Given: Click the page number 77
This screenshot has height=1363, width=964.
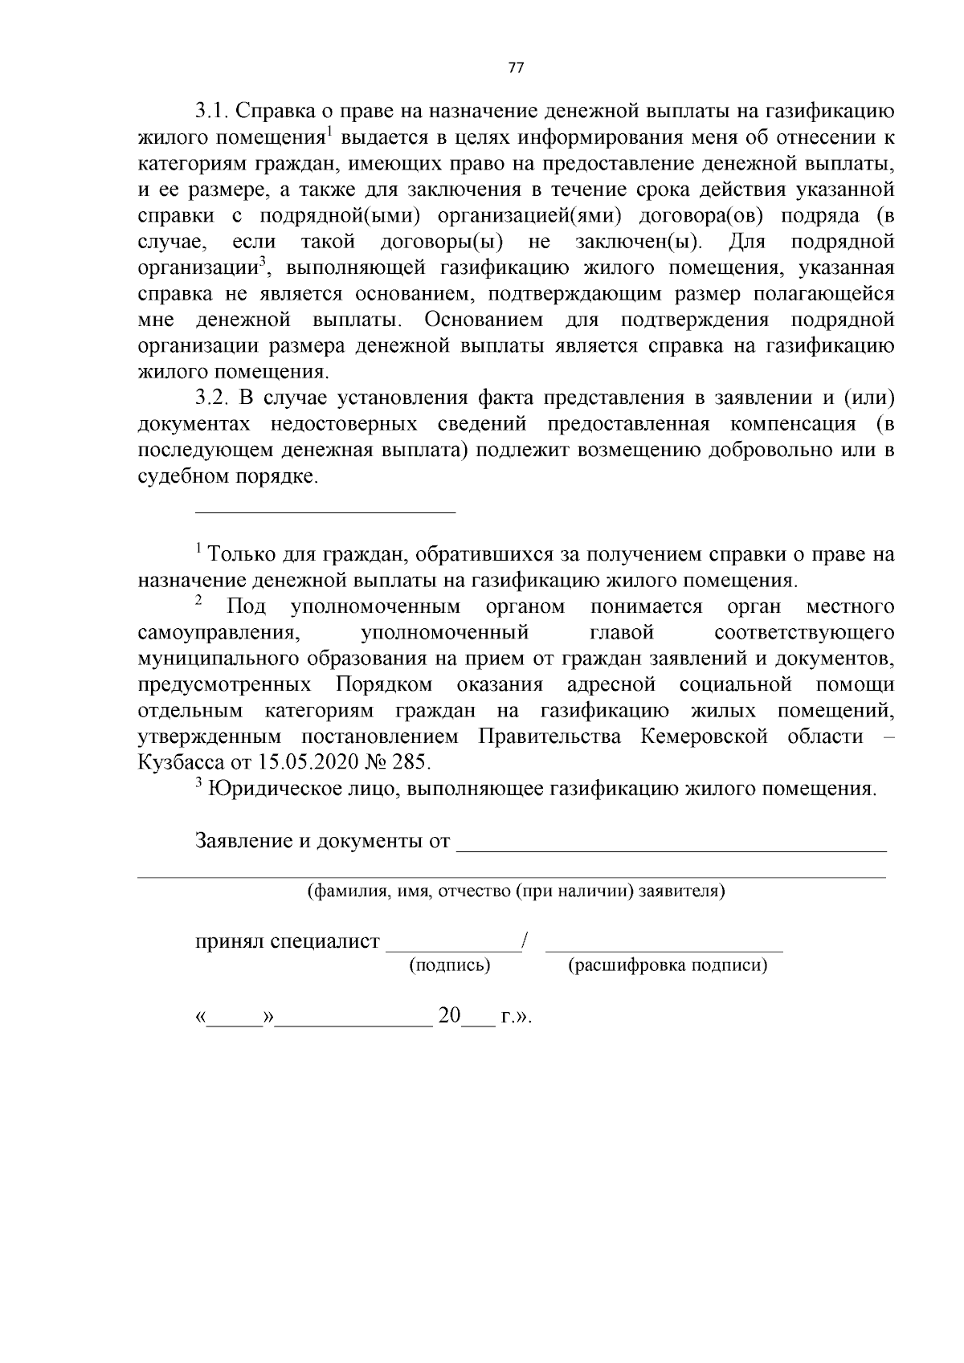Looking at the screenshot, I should [516, 68].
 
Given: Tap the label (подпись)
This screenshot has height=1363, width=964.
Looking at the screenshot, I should [449, 965].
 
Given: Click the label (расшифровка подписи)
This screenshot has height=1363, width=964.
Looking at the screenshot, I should [667, 965].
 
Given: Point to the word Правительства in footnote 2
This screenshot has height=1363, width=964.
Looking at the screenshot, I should [549, 737].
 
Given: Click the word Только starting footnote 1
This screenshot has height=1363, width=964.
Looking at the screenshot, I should [241, 555].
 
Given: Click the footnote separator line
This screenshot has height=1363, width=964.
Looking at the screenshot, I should [325, 511].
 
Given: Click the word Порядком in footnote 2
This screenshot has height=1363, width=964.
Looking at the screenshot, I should [384, 685].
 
